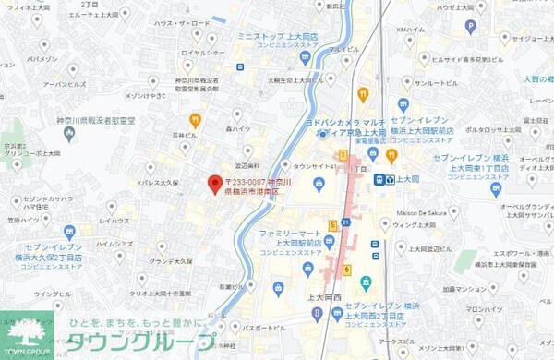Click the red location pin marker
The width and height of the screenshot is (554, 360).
click(x=213, y=183)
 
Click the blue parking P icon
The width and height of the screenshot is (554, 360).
click(x=239, y=66)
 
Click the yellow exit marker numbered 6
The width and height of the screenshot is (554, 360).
click(x=346, y=270)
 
